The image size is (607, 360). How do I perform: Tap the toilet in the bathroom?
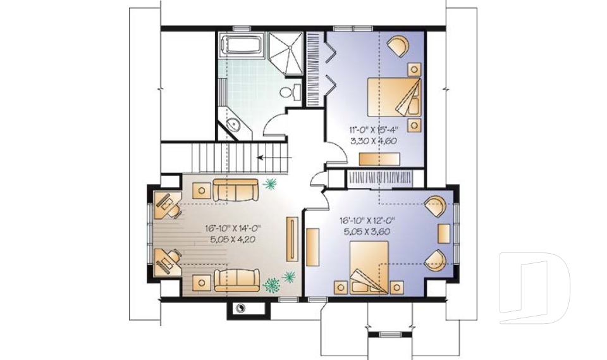pyautogui.click(x=288, y=92)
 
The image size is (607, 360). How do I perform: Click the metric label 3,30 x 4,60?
pyautogui.click(x=373, y=141)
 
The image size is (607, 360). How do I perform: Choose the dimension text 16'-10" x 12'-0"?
pyautogui.click(x=366, y=221)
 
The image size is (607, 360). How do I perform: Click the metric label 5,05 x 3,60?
pyautogui.click(x=366, y=232)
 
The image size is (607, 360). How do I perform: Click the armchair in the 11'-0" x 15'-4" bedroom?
pyautogui.click(x=398, y=46)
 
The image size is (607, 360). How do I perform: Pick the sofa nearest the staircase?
pyautogui.click(x=235, y=189)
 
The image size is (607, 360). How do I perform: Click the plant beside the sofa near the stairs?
pyautogui.click(x=271, y=184)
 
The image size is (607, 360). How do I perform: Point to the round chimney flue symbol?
pyautogui.click(x=241, y=308)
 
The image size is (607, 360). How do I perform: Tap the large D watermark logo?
pyautogui.click(x=534, y=288)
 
